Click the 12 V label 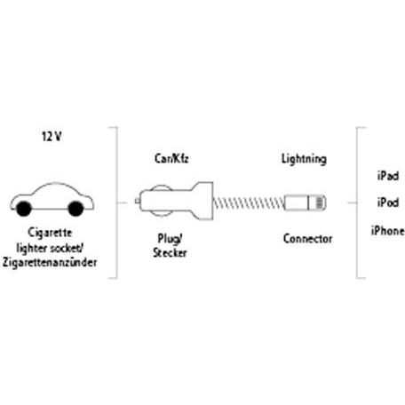pos(52,137)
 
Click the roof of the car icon pos(55,184)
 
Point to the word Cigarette pos(50,233)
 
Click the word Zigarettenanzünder pos(50,262)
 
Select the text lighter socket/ pos(50,248)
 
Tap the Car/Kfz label pos(171,159)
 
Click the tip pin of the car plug pos(138,202)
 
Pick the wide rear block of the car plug pos(202,201)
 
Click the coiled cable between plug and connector pos(249,203)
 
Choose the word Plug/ pos(170,239)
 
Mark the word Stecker pos(170,253)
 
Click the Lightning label pos(304,159)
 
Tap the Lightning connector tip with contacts pos(318,202)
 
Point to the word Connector pos(307,239)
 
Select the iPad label pos(388,176)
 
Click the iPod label pos(388,202)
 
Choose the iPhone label pos(388,230)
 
